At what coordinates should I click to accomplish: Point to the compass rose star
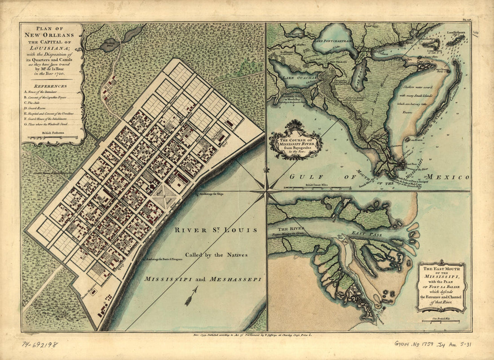pyautogui.click(x=266, y=191)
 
